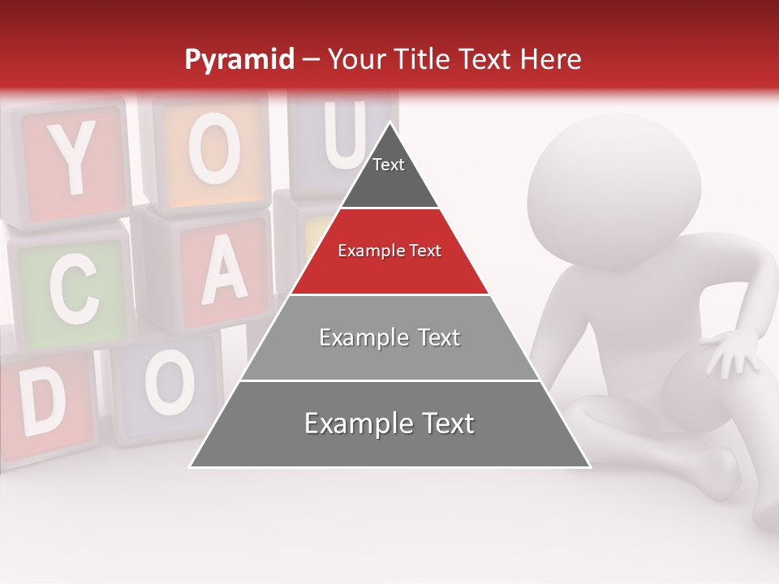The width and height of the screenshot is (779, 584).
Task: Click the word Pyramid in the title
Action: pyautogui.click(x=239, y=60)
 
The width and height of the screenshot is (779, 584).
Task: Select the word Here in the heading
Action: pyautogui.click(x=549, y=59)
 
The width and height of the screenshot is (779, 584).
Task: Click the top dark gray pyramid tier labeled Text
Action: pyautogui.click(x=389, y=174)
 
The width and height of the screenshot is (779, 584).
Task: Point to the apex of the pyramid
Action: pyautogui.click(x=390, y=125)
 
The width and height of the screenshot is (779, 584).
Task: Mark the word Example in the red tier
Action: pyautogui.click(x=361, y=251)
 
